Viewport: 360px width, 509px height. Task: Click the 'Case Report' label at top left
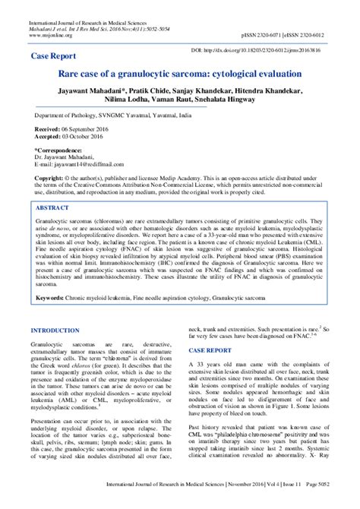[55, 56]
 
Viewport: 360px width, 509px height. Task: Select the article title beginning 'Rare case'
[179, 76]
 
